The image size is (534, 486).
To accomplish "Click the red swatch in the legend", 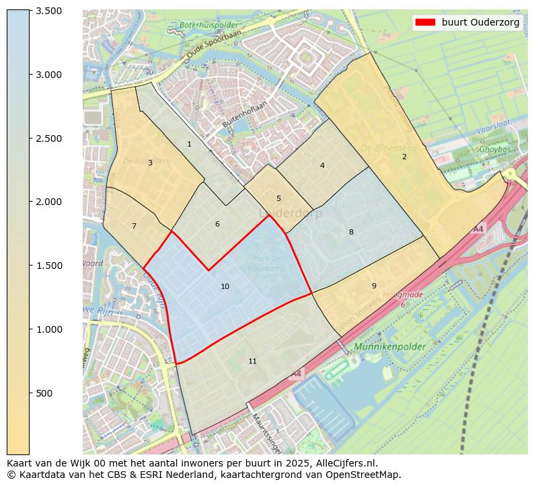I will (425, 22).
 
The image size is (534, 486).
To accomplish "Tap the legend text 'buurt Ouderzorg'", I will (480, 22).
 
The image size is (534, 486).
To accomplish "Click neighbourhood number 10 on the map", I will (225, 287).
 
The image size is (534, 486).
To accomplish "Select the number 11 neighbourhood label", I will (252, 362).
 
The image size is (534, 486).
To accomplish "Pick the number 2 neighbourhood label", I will (404, 157).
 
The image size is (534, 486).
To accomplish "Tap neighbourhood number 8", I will (350, 233).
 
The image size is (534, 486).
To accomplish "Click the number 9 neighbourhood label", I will (374, 286).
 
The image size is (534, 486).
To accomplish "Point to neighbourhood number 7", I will (134, 227).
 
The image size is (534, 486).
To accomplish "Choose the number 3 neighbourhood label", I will (150, 163).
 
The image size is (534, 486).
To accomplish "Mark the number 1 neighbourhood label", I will (189, 145).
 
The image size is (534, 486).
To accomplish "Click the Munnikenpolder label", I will (388, 348).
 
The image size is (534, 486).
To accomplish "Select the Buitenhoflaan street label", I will (245, 115).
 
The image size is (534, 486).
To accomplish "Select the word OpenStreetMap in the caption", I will (364, 475).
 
